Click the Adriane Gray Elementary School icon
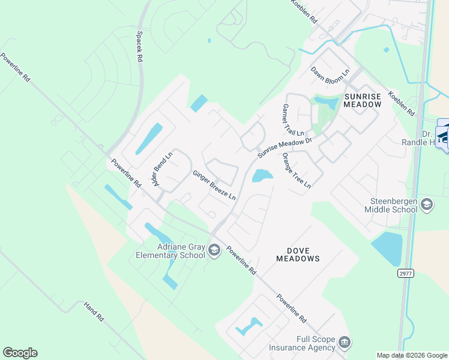[214, 251]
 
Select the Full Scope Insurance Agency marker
[345, 343]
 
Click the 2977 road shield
[406, 273]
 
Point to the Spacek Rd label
[140, 47]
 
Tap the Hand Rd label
[94, 310]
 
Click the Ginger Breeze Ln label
[214, 185]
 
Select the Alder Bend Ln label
[161, 169]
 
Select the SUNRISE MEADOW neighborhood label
[362, 100]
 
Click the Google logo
[20, 353]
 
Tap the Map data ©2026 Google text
[411, 355]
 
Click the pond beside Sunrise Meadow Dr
[262, 176]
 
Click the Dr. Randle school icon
[444, 137]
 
